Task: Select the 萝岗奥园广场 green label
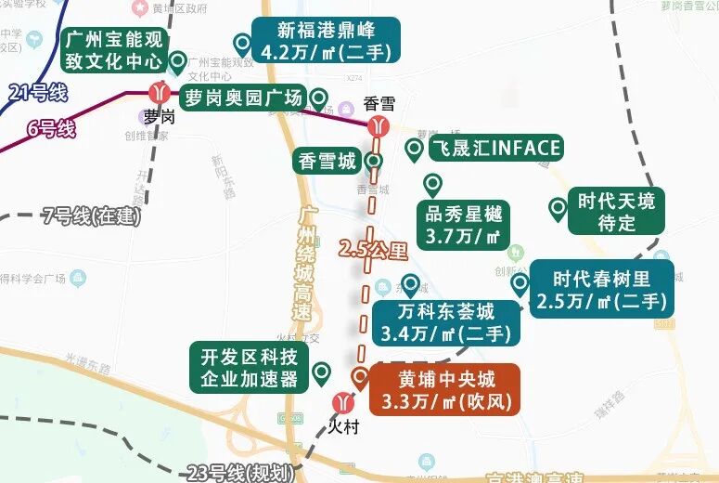[242, 98]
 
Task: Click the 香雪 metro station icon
[378, 125]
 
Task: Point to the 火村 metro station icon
[343, 403]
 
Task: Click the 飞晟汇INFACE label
[494, 148]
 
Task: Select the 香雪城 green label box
[326, 162]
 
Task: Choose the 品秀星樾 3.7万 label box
[462, 225]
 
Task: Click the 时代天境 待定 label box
[616, 211]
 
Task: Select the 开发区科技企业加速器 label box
[249, 367]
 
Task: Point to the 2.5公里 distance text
[373, 249]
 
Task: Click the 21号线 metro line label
[38, 91]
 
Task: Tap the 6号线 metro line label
[50, 128]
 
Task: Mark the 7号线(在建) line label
[92, 216]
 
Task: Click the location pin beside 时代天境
[558, 210]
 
